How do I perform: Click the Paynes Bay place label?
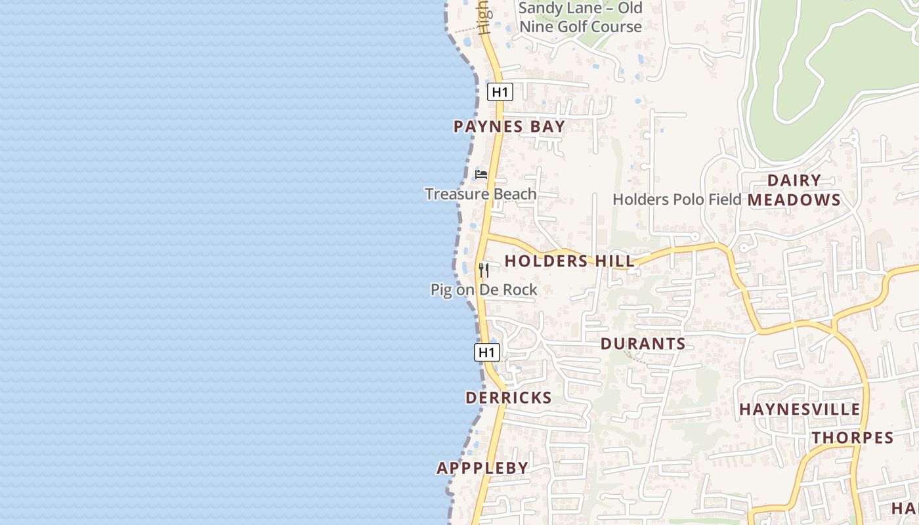(509, 127)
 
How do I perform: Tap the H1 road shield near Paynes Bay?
(500, 92)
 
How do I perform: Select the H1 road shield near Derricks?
(486, 352)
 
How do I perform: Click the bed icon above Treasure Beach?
(481, 175)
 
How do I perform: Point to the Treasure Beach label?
(481, 194)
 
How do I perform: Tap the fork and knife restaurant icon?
(484, 270)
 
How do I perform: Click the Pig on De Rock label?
(484, 290)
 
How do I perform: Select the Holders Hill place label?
(569, 261)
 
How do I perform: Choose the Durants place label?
(643, 344)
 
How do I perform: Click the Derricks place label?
(508, 398)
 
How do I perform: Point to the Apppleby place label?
(482, 468)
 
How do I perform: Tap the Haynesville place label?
(800, 409)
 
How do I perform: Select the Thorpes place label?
(852, 438)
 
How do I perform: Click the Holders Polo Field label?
(677, 199)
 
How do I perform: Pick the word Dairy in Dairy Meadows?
(794, 180)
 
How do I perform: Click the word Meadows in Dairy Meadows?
(794, 200)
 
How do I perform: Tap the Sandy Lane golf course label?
(580, 18)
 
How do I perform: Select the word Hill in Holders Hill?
(614, 261)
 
